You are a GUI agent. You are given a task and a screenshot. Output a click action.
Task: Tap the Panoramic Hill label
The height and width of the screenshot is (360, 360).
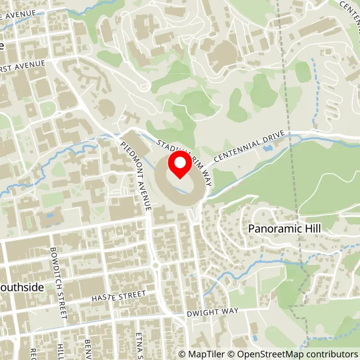tap(284, 229)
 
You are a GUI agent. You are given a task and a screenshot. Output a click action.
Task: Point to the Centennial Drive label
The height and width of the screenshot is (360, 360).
tap(250, 147)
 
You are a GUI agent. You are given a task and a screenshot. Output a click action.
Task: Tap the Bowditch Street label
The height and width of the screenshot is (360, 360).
tap(59, 283)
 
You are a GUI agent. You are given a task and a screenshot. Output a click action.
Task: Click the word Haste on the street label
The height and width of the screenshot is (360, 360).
tap(103, 297)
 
